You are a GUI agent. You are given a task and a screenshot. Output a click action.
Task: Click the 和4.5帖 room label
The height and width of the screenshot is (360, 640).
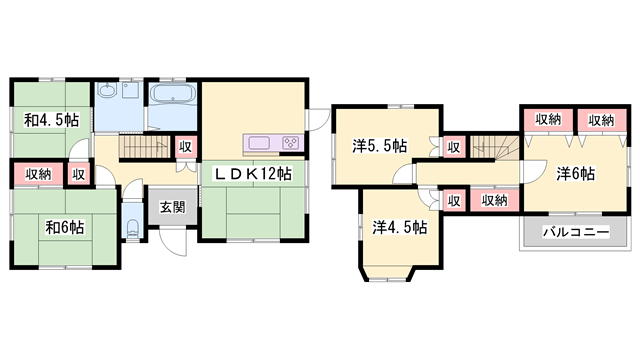pos(51,120)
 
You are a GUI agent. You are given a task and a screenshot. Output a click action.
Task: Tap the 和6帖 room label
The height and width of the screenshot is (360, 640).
pos(64,227)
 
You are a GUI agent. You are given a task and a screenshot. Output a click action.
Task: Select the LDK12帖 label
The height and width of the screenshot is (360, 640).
pos(253,174)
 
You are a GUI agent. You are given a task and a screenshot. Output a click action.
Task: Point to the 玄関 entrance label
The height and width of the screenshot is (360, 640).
pos(173,207)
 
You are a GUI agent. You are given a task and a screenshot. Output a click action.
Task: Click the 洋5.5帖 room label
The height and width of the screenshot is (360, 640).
pos(380,146)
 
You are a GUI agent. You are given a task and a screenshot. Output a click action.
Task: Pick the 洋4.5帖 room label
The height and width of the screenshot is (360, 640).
pos(400,227)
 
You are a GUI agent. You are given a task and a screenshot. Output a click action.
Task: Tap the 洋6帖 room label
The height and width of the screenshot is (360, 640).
pos(576,174)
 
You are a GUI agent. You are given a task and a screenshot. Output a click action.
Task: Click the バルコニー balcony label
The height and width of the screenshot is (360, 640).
pos(576,232)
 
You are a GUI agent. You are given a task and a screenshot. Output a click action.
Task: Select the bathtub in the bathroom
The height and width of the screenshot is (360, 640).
pos(173,93)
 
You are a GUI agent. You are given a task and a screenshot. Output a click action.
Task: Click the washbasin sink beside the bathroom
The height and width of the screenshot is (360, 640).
pos(107,91)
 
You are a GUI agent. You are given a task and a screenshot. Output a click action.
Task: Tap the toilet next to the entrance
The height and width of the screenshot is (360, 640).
pos(132,229)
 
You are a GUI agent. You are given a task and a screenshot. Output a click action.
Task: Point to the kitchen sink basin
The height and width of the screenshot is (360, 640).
pos(259,143)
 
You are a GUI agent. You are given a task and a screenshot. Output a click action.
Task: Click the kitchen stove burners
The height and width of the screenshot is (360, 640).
pos(291,143)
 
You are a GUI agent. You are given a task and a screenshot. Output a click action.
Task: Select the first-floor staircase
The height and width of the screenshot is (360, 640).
pos(144,147)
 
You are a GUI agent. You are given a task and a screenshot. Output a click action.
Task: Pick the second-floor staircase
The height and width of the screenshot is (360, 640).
pos(494,147)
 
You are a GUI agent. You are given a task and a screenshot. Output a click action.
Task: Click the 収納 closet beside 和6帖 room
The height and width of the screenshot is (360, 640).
pos(38,174)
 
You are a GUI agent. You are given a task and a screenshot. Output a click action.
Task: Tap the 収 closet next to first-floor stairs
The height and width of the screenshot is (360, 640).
pos(185,147)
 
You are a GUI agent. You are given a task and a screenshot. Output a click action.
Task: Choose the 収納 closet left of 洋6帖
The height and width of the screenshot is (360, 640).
pos(494,200)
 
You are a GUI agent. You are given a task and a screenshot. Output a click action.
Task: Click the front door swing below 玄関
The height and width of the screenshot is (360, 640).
pos(173,242)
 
